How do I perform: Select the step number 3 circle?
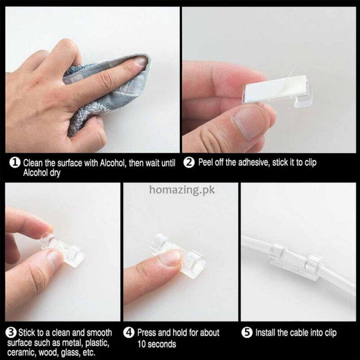click(11, 333)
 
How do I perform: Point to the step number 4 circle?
click(130, 333)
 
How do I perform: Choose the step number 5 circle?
click(248, 333)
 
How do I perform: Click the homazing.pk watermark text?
click(182, 189)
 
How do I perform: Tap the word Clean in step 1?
click(34, 162)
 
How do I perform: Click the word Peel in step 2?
click(207, 162)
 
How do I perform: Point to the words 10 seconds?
click(157, 344)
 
